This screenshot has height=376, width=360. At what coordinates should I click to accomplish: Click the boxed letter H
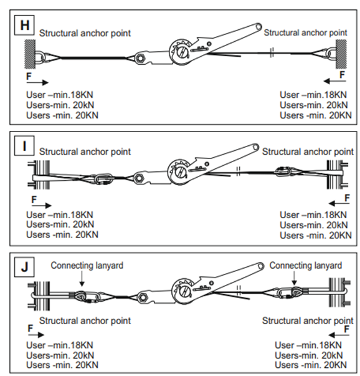24,25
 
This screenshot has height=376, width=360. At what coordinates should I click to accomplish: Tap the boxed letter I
24,146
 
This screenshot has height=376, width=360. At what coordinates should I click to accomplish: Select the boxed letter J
24,267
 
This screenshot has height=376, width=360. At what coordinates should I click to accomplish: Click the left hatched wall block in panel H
30,54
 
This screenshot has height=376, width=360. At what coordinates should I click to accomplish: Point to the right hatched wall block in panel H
341,54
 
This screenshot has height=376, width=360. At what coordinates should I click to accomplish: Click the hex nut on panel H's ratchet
139,58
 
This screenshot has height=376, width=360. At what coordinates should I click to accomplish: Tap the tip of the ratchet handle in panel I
255,147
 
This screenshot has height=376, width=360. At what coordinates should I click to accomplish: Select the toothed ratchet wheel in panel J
182,290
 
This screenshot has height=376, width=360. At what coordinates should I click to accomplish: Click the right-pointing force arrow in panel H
37,82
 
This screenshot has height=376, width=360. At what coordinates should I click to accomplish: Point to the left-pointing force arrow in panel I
339,203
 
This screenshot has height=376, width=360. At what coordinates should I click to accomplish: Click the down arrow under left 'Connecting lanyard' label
82,278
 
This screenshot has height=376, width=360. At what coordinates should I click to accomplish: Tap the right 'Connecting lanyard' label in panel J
306,266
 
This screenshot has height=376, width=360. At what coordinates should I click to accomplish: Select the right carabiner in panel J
285,293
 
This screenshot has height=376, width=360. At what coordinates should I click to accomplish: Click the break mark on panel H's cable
272,52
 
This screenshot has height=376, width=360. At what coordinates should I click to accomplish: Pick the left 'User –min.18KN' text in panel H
59,95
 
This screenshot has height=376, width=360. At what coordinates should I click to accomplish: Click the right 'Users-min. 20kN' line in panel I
313,225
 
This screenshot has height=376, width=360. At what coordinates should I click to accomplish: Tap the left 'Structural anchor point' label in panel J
85,321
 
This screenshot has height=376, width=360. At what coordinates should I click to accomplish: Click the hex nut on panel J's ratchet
143,297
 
